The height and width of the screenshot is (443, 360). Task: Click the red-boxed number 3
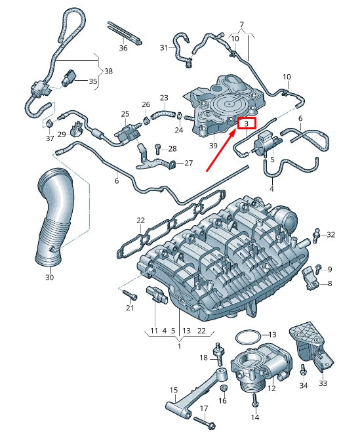point(247,123)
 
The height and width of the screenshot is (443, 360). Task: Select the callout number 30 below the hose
point(49,278)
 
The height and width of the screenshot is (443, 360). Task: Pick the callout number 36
point(123,48)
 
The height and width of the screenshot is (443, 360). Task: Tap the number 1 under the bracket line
point(178,346)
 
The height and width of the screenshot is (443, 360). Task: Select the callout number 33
point(323,383)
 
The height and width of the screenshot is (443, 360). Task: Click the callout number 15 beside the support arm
point(174,390)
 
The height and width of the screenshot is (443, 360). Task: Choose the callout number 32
point(331,234)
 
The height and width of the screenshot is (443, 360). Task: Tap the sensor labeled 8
point(310,281)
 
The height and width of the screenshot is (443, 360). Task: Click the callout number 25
point(125,114)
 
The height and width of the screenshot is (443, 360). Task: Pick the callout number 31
point(164,48)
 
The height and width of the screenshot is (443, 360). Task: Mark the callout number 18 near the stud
point(203,358)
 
